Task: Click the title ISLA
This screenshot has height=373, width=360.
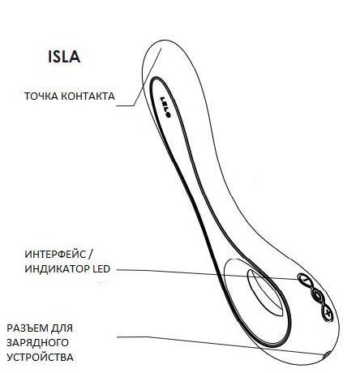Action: pyautogui.click(x=64, y=57)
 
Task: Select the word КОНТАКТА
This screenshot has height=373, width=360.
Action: pyautogui.click(x=88, y=96)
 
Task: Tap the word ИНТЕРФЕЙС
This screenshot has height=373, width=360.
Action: pyautogui.click(x=55, y=255)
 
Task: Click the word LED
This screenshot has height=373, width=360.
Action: pyautogui.click(x=101, y=269)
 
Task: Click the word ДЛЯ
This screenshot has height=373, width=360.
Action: pyautogui.click(x=62, y=328)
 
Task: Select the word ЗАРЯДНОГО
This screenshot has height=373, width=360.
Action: pyautogui.click(x=37, y=343)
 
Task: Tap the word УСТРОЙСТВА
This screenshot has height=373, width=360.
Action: pyautogui.click(x=40, y=357)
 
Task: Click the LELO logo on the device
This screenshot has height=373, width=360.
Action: pyautogui.click(x=165, y=107)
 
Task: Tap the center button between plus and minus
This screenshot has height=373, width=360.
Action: pyautogui.click(x=316, y=294)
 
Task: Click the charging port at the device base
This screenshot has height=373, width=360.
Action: pyautogui.click(x=327, y=355)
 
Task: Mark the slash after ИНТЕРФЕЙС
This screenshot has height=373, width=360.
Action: pyautogui.click(x=91, y=255)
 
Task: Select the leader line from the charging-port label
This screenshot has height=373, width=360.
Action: pyautogui.click(x=221, y=345)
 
